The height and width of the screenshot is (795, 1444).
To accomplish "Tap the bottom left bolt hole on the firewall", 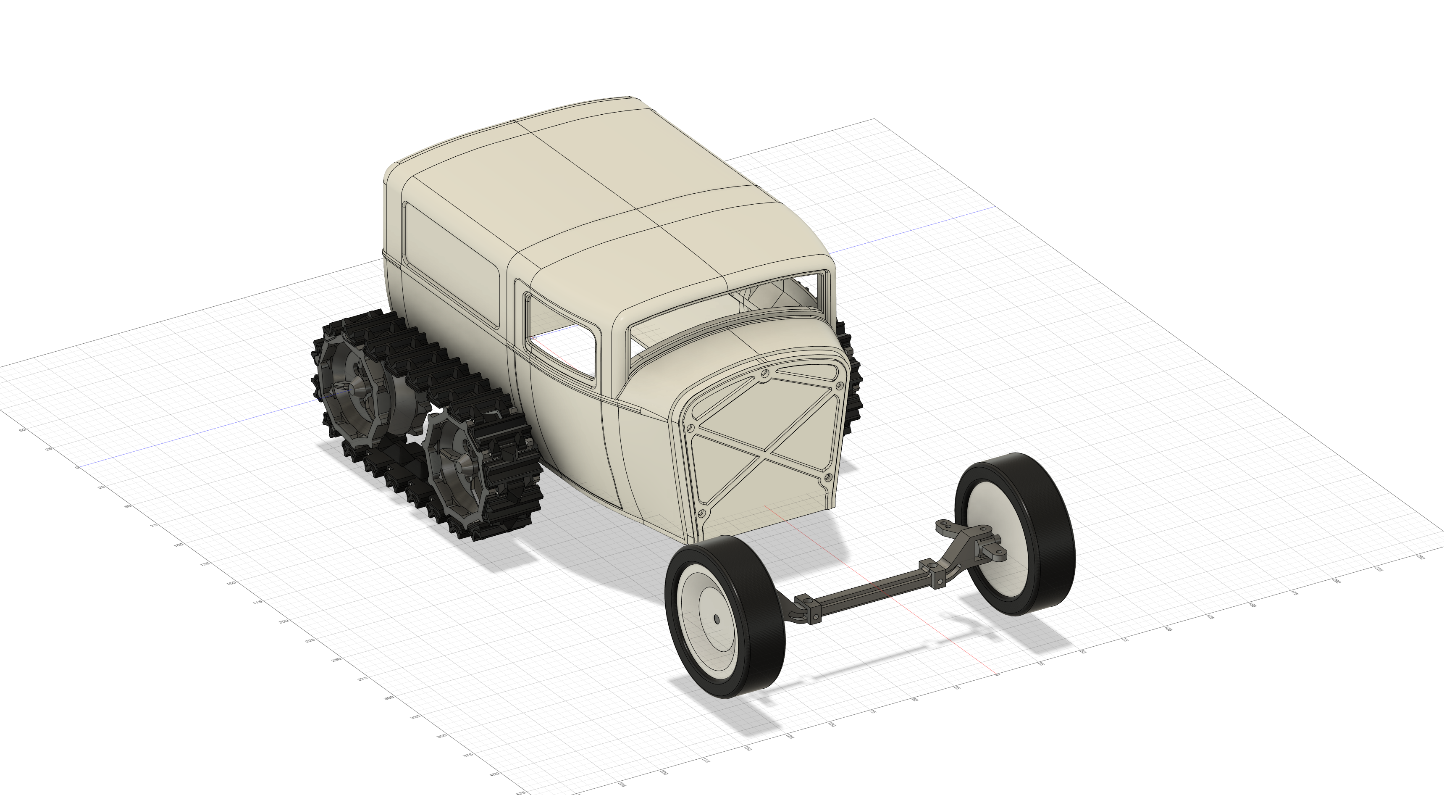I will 700,513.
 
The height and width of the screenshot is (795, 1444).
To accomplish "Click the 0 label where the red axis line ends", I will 997,674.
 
